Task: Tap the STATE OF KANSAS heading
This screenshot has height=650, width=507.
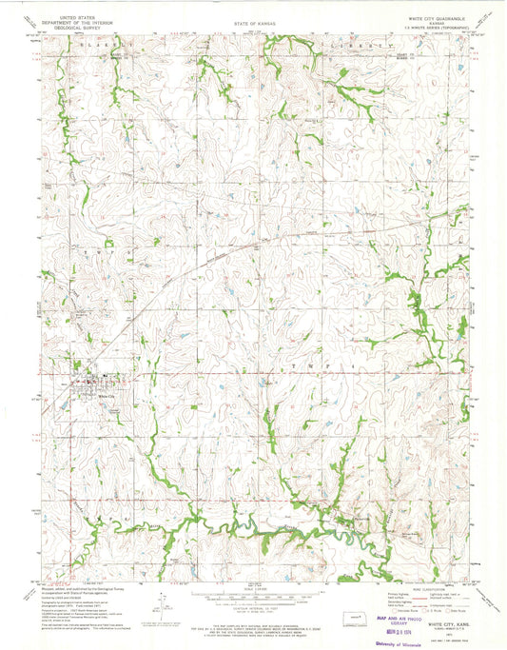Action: [253, 21]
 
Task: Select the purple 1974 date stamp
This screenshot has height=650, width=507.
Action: [441, 629]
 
